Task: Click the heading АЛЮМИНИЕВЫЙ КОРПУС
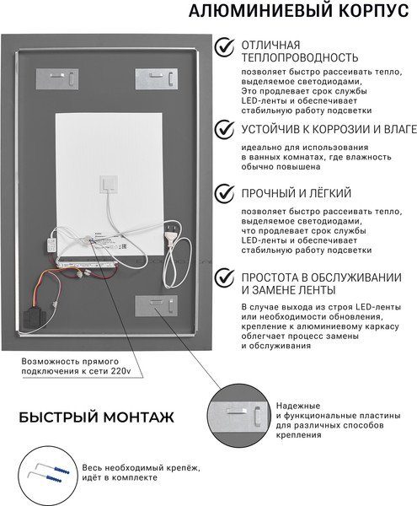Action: tap(299, 11)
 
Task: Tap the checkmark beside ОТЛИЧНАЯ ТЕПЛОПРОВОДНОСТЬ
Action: tap(225, 47)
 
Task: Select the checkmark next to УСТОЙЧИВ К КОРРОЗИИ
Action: tap(225, 129)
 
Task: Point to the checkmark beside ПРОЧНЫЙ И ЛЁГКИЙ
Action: tap(225, 193)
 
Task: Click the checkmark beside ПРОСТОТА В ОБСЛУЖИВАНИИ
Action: tap(225, 277)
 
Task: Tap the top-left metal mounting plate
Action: tap(57, 78)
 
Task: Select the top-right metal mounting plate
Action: tap(157, 78)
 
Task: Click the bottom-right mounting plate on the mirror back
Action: tap(157, 305)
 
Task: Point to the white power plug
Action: tap(171, 234)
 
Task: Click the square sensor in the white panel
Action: tap(109, 184)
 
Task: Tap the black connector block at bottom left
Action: tap(35, 316)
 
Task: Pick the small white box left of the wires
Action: tap(51, 245)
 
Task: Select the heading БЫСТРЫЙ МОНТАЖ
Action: tap(96, 417)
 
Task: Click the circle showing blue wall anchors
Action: tap(48, 474)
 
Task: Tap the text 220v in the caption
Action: tap(121, 371)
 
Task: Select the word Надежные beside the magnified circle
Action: tap(298, 406)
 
